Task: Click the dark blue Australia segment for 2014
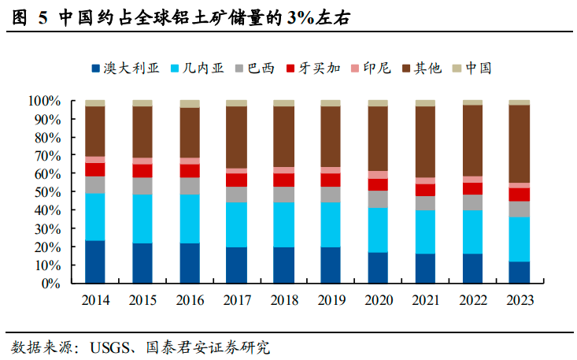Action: [x=95, y=262]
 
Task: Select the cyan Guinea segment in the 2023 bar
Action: [x=520, y=239]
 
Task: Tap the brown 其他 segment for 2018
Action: [x=283, y=136]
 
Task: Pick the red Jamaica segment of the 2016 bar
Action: [x=190, y=170]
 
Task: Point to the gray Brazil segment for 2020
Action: [x=378, y=199]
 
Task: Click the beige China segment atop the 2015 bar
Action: [x=142, y=103]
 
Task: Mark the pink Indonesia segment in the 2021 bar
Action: [x=425, y=180]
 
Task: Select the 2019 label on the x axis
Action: [x=331, y=300]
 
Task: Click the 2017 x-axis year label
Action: [x=236, y=300]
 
